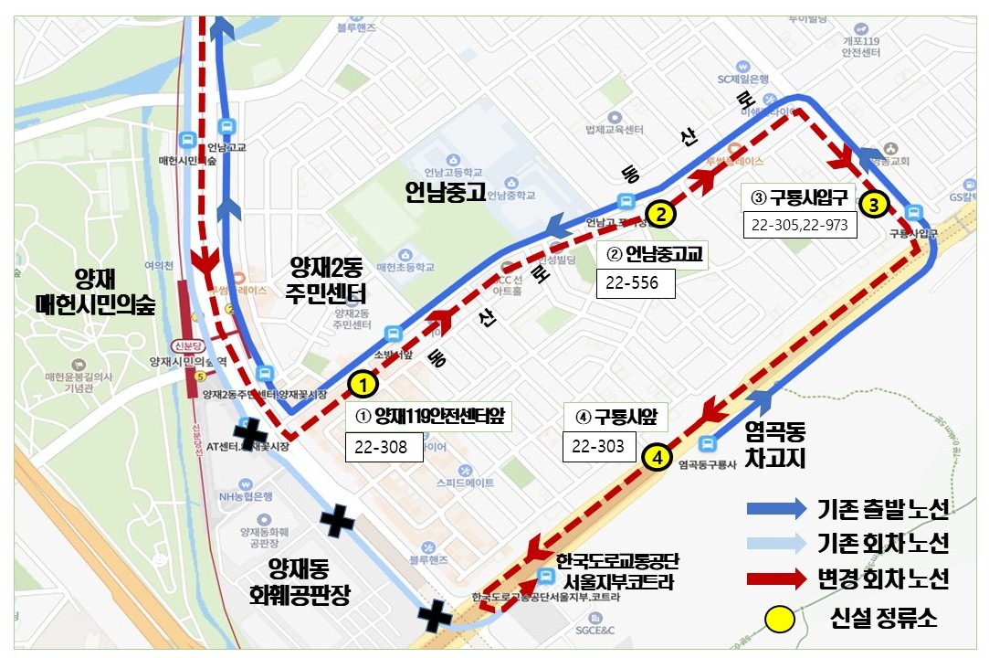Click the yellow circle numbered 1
363,385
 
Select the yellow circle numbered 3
873,205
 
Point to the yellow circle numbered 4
655,457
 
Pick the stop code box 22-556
635,283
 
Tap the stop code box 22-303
598,446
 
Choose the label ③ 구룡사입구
800,196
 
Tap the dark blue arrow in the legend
776,509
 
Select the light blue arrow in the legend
776,545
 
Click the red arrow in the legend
776,579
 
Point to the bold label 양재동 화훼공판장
300,582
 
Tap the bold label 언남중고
445,193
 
